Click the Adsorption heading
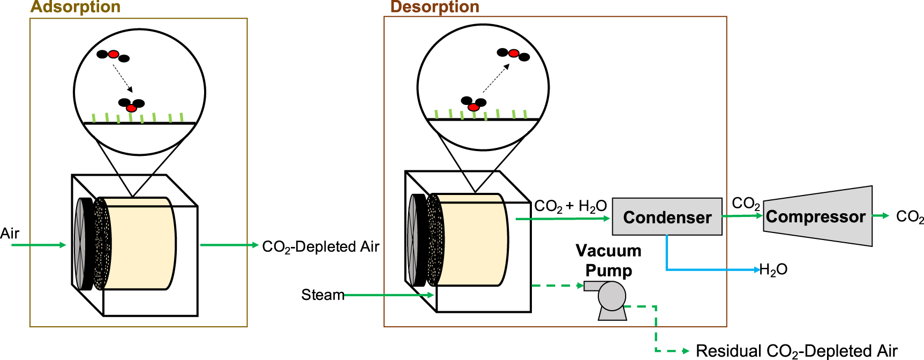tap(76, 7)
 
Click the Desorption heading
tap(434, 7)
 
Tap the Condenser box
tap(667, 217)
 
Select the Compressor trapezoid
tap(817, 216)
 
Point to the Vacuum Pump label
tap(609, 260)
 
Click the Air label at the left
tap(10, 234)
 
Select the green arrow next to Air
tap(37, 245)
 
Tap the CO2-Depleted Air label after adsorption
tap(320, 246)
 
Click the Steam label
tap(322, 295)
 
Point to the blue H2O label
tap(773, 269)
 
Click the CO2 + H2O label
tap(570, 206)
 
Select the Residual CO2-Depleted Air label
tap(796, 351)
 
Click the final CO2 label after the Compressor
tap(909, 216)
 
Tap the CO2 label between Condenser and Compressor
tap(745, 204)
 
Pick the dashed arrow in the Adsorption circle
tap(123, 78)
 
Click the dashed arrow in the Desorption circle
tap(496, 78)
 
